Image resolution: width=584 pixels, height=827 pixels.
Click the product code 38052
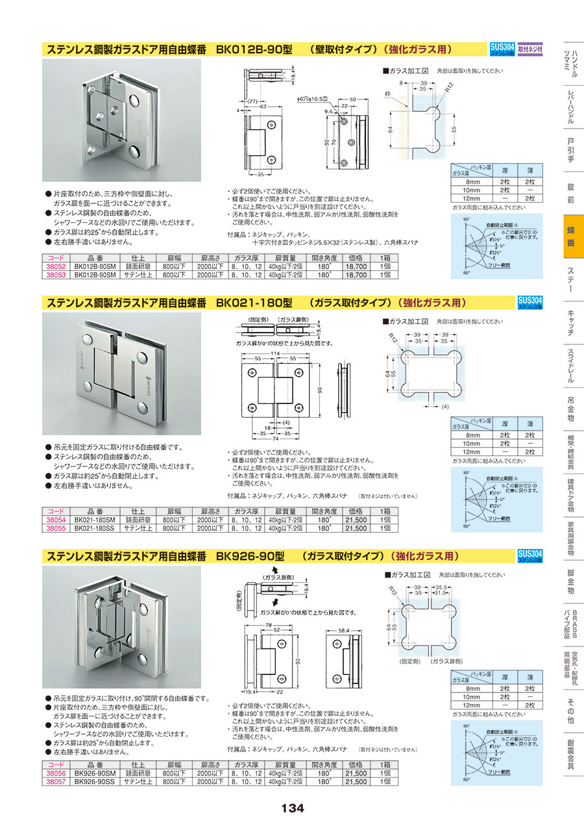coord(55,266)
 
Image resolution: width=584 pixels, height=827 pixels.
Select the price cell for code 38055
coord(356,528)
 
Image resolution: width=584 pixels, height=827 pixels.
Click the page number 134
coord(293,808)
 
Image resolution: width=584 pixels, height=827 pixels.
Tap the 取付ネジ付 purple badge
coord(531,48)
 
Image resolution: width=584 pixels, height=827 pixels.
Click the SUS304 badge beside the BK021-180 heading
coord(531,302)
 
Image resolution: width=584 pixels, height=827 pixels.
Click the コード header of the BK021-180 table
coord(55,511)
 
